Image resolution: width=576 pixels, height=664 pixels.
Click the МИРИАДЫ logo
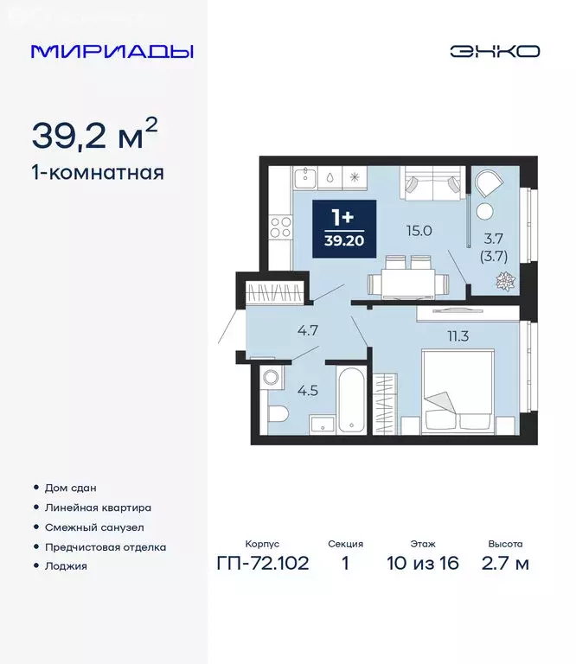click(112, 51)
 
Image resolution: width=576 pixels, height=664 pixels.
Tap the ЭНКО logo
click(494, 51)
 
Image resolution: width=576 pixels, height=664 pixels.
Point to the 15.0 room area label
click(420, 230)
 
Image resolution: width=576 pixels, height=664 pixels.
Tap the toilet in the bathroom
click(278, 414)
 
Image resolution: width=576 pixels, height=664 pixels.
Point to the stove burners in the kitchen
click(280, 227)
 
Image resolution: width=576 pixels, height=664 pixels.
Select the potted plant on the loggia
click(503, 280)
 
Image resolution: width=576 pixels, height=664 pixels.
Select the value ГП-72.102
click(262, 564)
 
